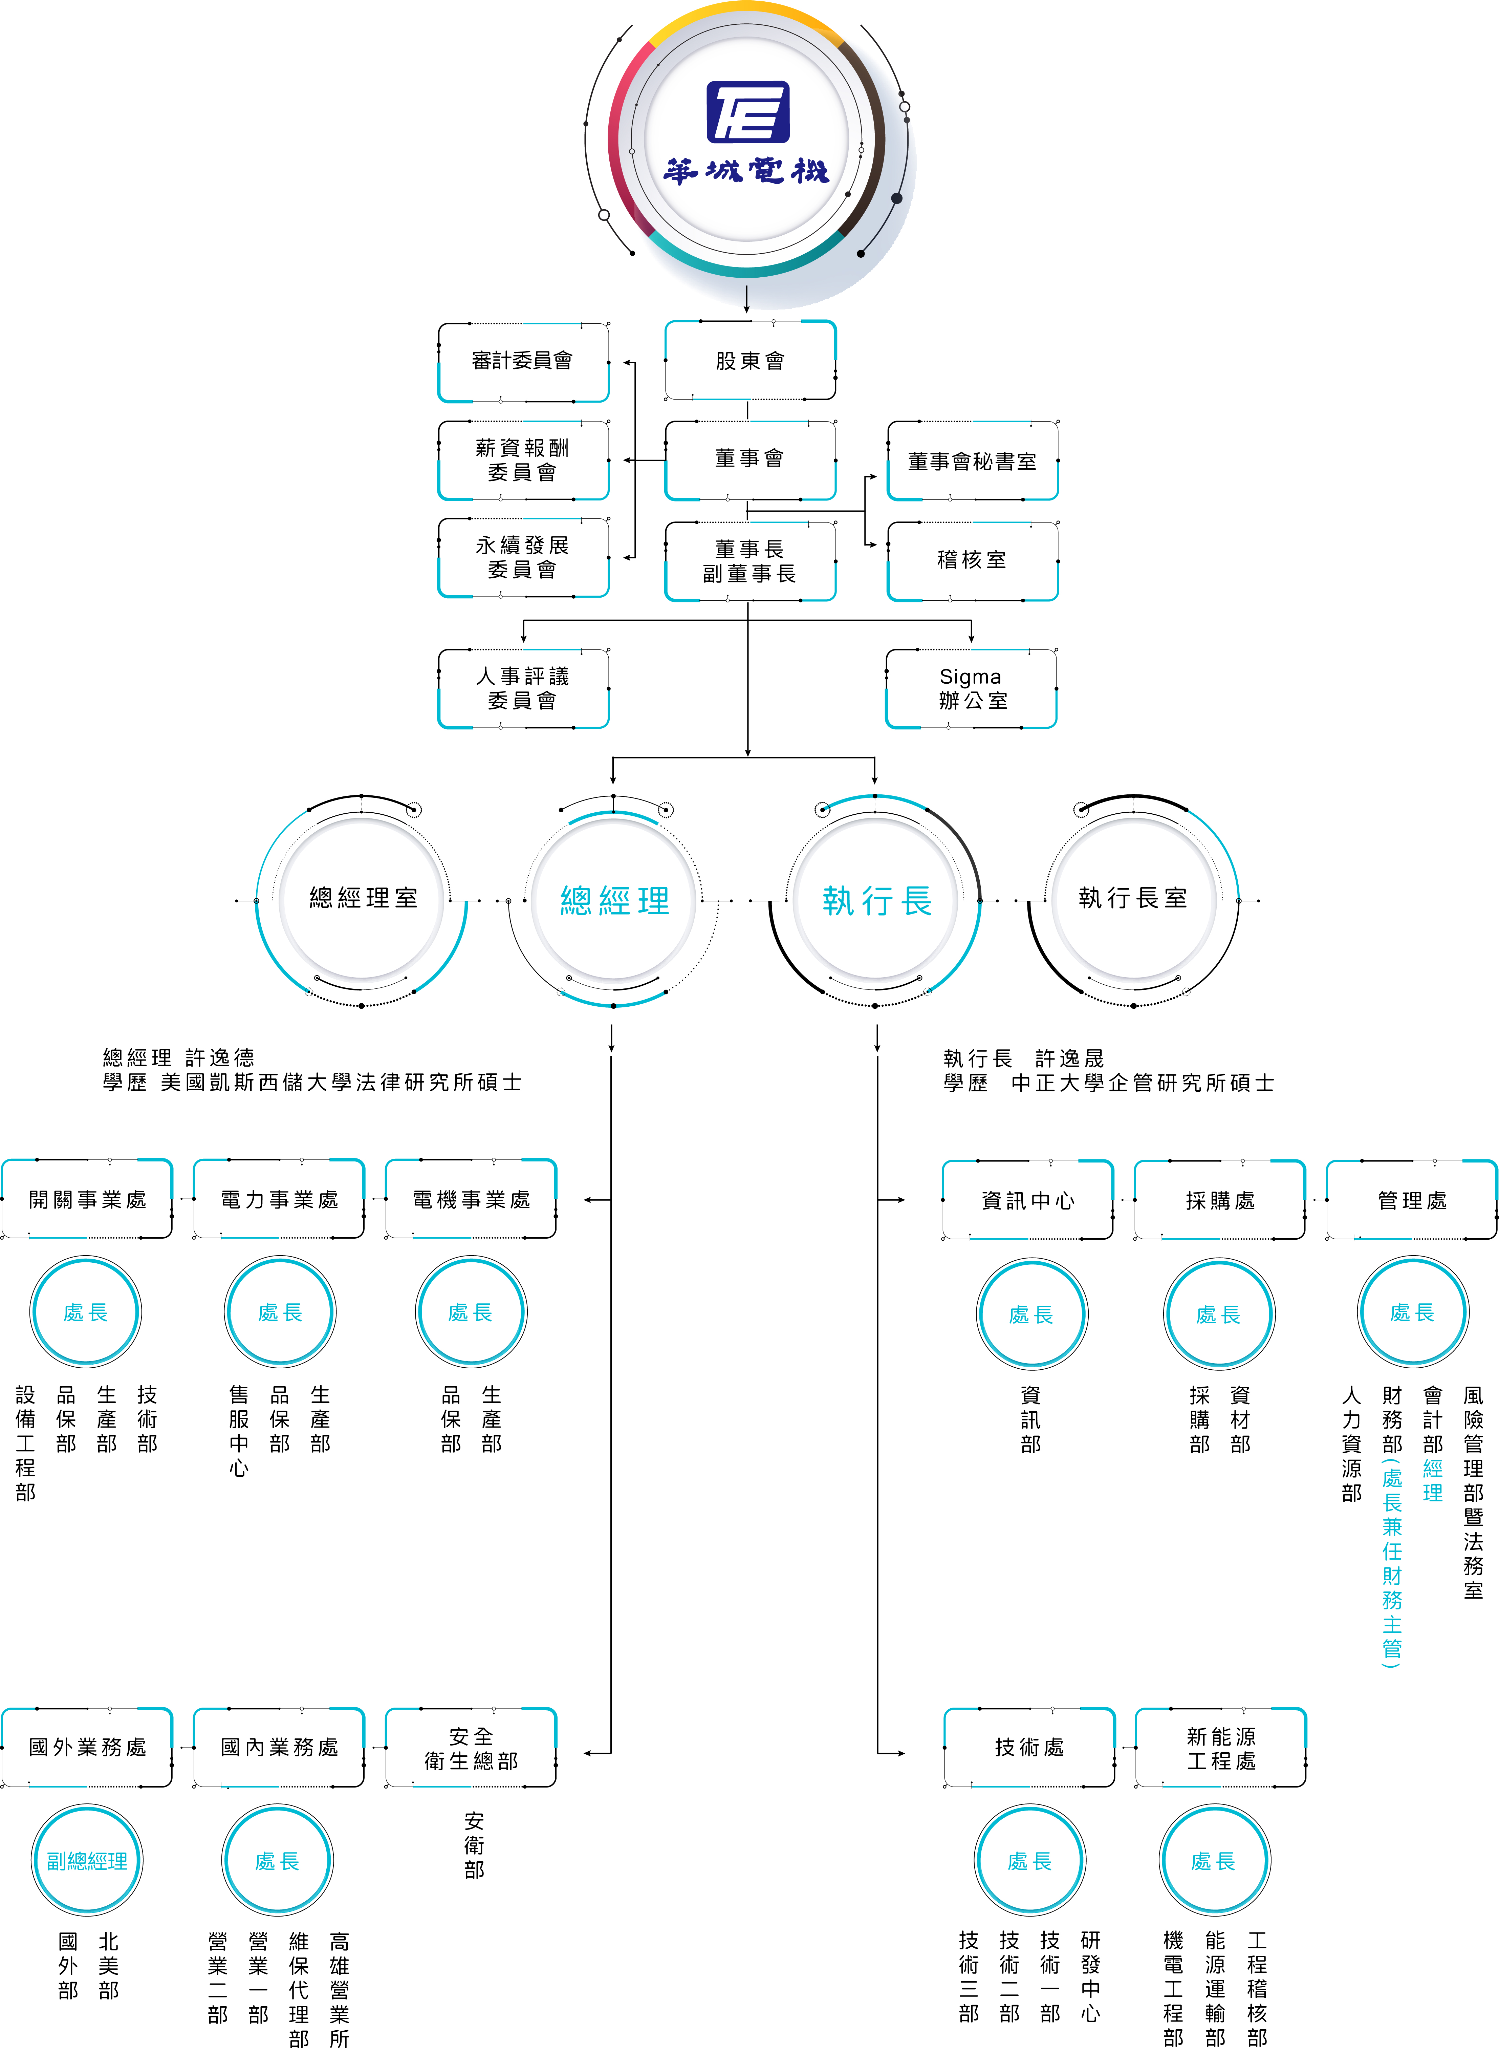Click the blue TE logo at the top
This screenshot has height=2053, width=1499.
pos(748,112)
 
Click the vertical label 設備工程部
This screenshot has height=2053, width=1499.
pos(25,1443)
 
